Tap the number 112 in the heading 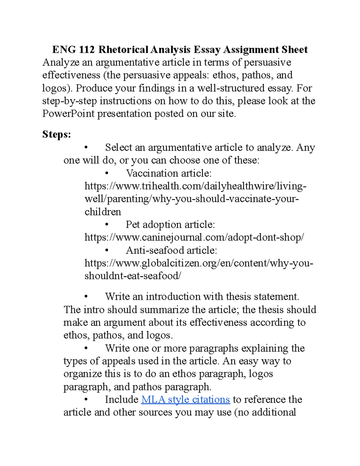pyautogui.click(x=87, y=50)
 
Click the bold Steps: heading pyautogui.click(x=57, y=134)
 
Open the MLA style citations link pyautogui.click(x=185, y=399)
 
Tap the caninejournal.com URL pyautogui.click(x=194, y=237)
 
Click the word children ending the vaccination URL pyautogui.click(x=103, y=212)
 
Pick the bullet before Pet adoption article pyautogui.click(x=107, y=225)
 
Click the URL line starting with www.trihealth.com pyautogui.click(x=195, y=186)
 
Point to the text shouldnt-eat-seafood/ pyautogui.click(x=133, y=276)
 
